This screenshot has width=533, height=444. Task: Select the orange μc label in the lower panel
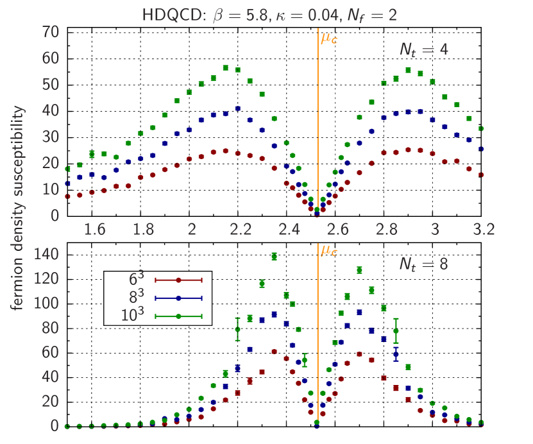click(329, 250)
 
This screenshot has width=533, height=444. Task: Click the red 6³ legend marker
click(179, 280)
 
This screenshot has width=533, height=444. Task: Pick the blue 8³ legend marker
click(179, 298)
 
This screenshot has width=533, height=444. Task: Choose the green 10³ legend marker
click(179, 316)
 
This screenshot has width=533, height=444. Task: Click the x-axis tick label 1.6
click(96, 228)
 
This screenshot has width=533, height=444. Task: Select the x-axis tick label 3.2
click(483, 228)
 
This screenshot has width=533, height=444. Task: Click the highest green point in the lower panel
click(274, 256)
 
